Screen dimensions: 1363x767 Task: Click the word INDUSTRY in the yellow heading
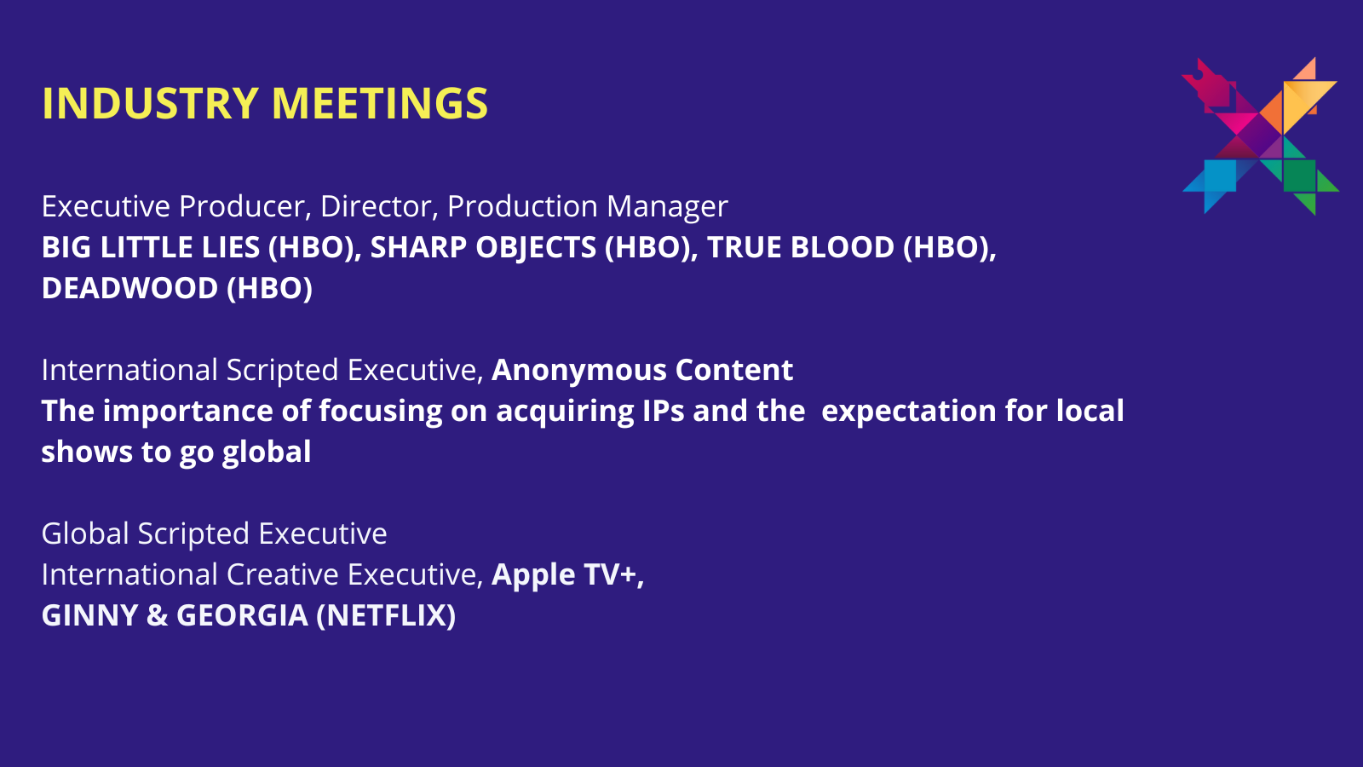pos(151,103)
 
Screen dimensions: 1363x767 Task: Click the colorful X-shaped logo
pos(1260,136)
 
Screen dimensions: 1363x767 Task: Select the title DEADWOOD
pos(129,288)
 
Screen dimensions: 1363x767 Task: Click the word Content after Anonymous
pos(733,370)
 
